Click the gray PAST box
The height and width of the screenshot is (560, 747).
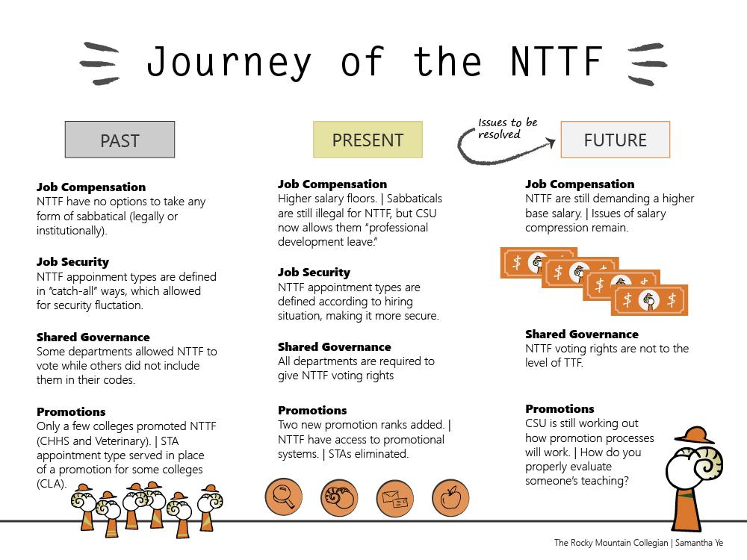[120, 140]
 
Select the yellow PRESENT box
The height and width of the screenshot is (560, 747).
[368, 140]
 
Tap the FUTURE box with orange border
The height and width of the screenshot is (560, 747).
[616, 140]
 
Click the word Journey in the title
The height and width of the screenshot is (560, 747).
[229, 63]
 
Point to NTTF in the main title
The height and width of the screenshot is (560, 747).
[557, 61]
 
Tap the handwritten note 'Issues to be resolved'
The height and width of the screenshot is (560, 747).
[507, 128]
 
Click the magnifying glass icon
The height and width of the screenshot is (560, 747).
[284, 497]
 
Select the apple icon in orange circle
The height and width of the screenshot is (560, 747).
[450, 498]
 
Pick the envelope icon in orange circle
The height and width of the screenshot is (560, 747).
[395, 498]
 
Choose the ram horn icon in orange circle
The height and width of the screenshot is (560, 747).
[339, 498]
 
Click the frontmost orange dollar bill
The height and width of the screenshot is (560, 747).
[649, 300]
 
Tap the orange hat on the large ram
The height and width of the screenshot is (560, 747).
[694, 435]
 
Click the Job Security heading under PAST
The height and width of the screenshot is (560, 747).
[73, 262]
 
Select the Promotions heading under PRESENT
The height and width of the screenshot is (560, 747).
[312, 411]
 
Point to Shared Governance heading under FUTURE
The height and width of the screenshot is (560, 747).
[582, 335]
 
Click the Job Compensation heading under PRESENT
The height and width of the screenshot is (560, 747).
[332, 184]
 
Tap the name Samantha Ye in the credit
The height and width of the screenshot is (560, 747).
[699, 543]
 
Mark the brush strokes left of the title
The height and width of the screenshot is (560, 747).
[100, 63]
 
